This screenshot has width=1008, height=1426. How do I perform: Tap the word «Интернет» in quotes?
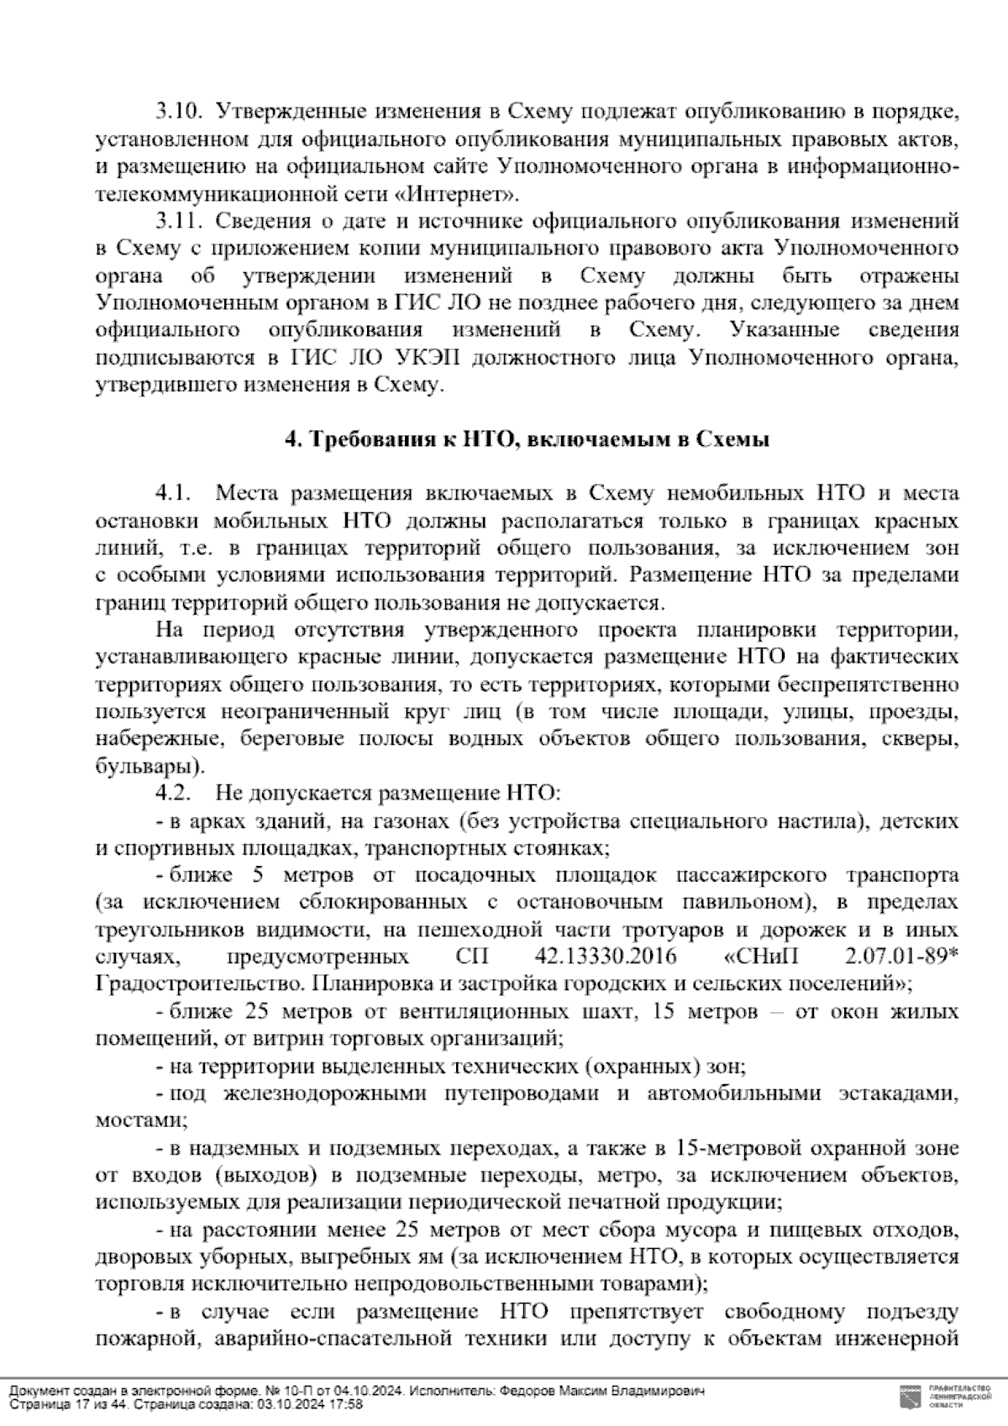[454, 194]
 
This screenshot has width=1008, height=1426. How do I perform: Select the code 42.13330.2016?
[601, 957]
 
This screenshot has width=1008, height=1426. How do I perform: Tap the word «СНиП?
[761, 957]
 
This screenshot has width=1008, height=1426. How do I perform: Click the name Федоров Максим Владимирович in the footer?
[601, 1391]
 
